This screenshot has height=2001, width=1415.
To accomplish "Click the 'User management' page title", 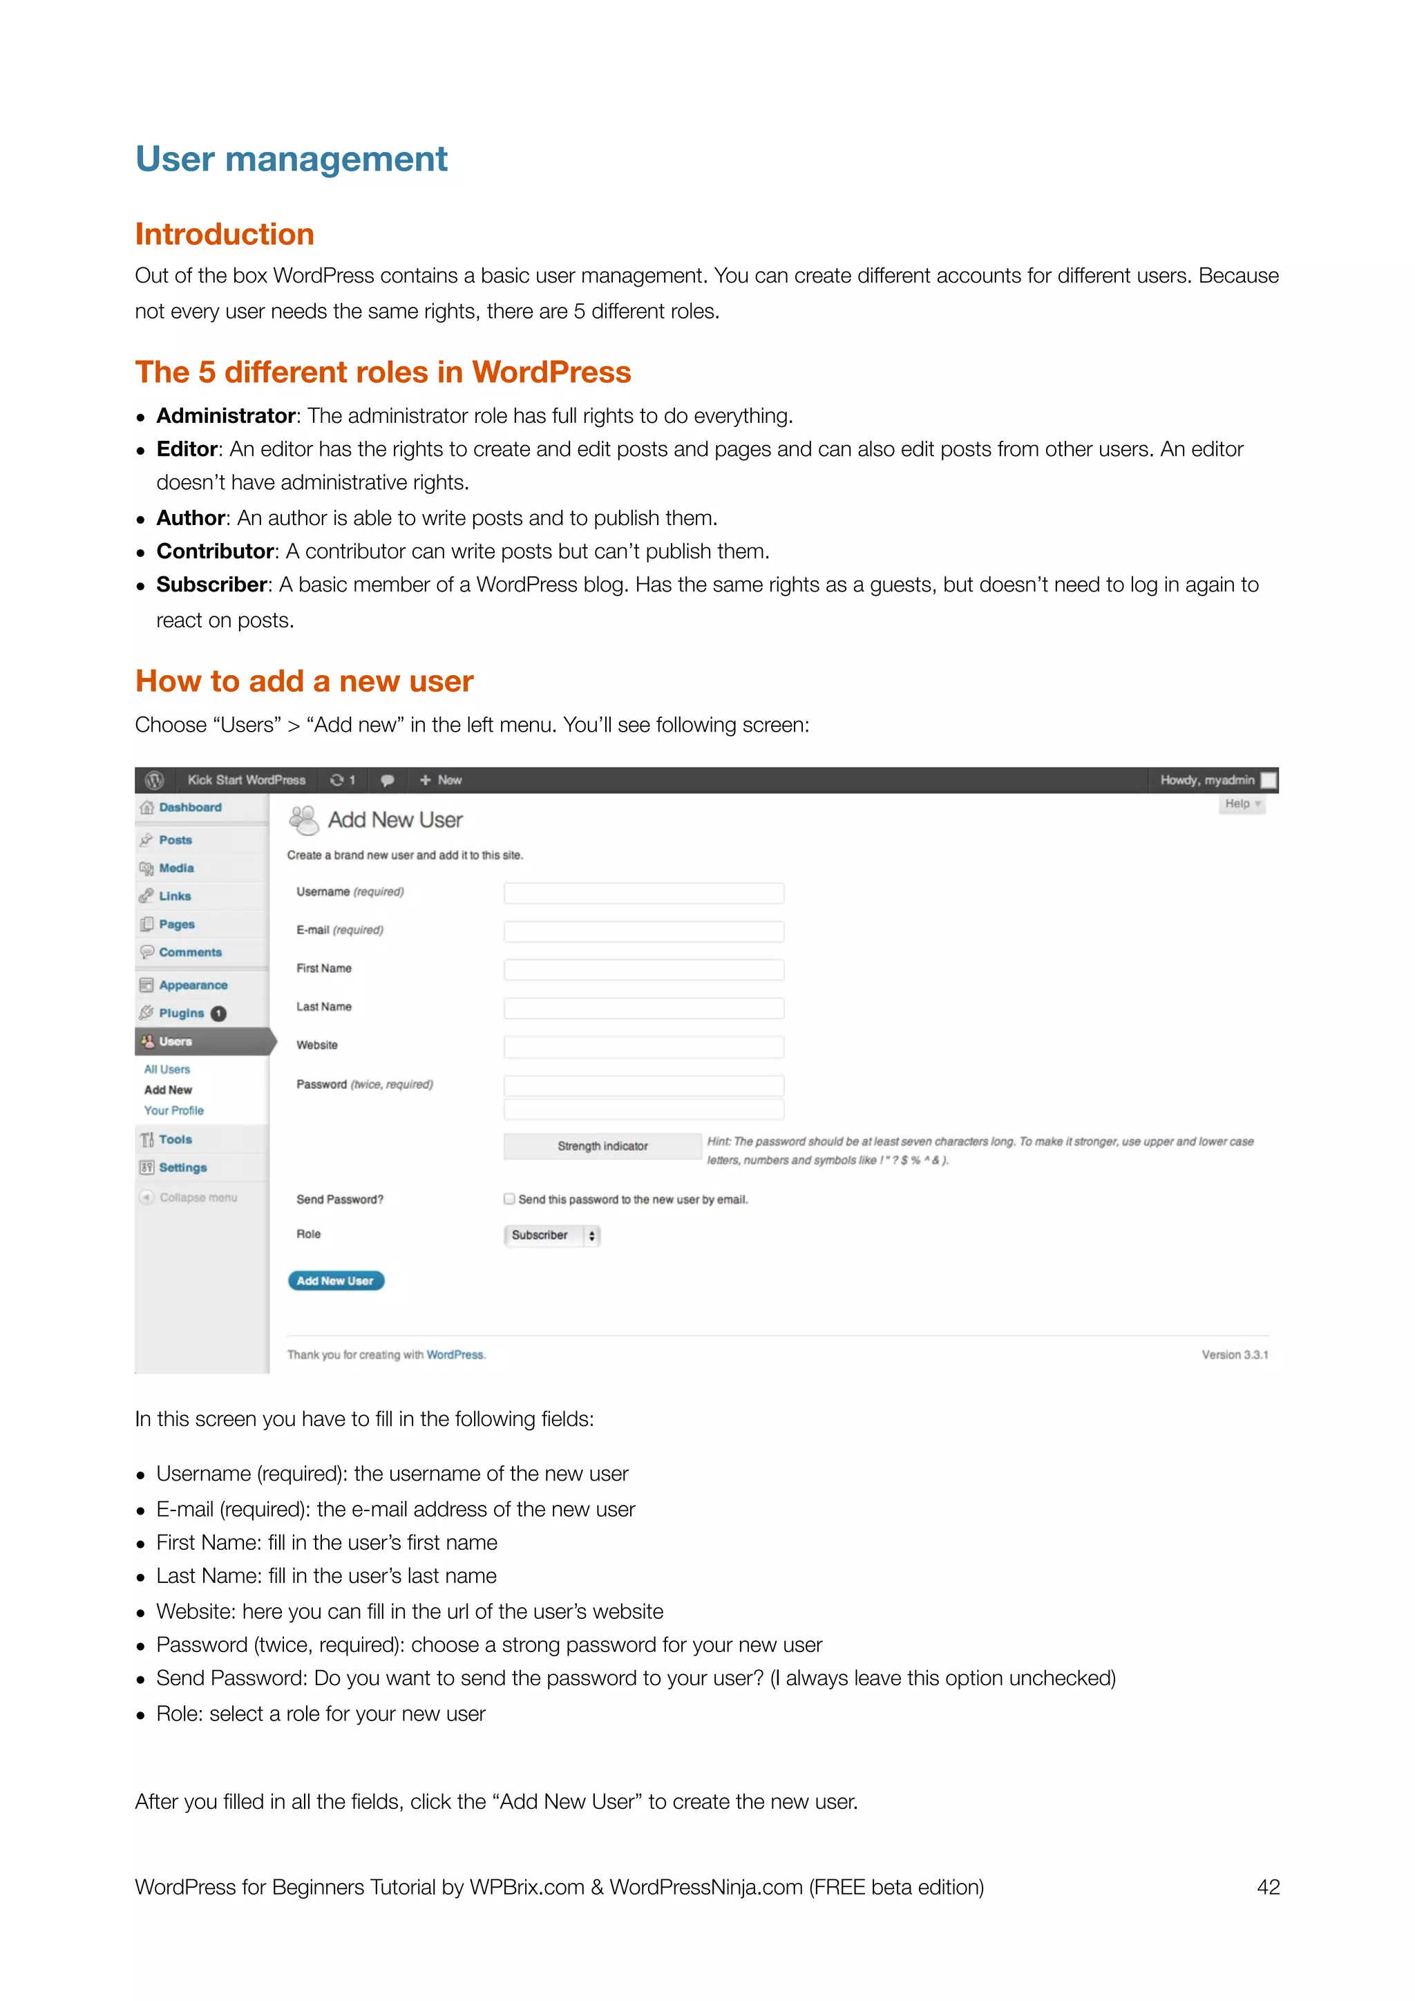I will pyautogui.click(x=291, y=160).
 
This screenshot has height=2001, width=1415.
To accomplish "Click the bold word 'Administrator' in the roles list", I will pyautogui.click(x=226, y=416).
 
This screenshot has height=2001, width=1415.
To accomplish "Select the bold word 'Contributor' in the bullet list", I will pyautogui.click(x=215, y=551).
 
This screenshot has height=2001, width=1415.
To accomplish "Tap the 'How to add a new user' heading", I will pyautogui.click(x=304, y=681).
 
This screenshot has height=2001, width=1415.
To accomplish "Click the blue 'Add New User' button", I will pyautogui.click(x=336, y=1280).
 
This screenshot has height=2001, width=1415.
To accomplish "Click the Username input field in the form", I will pyautogui.click(x=643, y=893).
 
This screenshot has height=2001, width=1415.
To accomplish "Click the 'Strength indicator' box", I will pyautogui.click(x=602, y=1146).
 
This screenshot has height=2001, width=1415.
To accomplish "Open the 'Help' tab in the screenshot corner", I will pyautogui.click(x=1241, y=804).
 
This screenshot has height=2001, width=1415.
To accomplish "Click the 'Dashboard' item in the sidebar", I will pyautogui.click(x=189, y=808).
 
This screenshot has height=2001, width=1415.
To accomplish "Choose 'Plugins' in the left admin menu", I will pyautogui.click(x=181, y=1013).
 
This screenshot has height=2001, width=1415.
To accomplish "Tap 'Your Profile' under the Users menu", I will pyautogui.click(x=173, y=1110).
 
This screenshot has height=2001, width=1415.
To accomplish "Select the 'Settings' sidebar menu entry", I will pyautogui.click(x=182, y=1168).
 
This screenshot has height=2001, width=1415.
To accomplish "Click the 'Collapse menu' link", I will pyautogui.click(x=197, y=1197).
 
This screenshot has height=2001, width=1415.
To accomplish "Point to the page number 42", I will pyautogui.click(x=1268, y=1887).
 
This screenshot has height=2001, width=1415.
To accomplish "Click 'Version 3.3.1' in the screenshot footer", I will pyautogui.click(x=1234, y=1354).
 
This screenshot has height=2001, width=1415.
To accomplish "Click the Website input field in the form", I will pyautogui.click(x=643, y=1046).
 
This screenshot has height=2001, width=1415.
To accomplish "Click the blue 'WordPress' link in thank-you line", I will pyautogui.click(x=455, y=1354).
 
